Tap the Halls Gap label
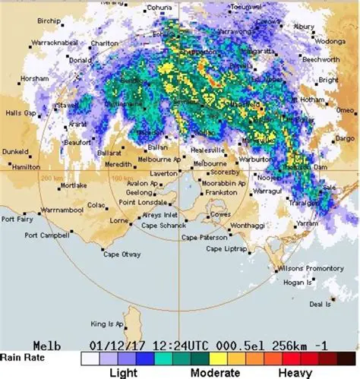(x=21, y=112)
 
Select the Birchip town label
(x=49, y=21)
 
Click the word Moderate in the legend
(x=215, y=374)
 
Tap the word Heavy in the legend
(x=295, y=374)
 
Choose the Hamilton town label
(x=27, y=166)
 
